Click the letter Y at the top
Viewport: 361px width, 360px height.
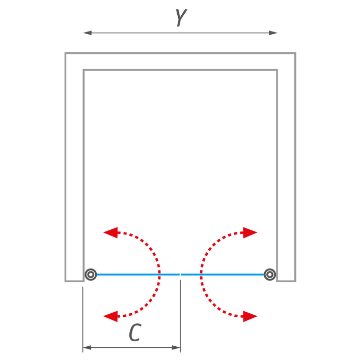click(x=181, y=18)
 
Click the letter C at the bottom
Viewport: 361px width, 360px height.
click(x=135, y=333)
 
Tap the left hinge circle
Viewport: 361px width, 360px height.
click(x=91, y=274)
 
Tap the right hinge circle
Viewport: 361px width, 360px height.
click(x=270, y=274)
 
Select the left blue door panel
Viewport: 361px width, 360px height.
click(x=138, y=275)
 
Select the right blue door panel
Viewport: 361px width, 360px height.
click(x=223, y=275)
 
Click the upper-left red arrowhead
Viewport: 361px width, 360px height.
click(x=110, y=233)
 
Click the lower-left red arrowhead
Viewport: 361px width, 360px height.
click(x=110, y=316)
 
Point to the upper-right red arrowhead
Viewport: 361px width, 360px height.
click(x=250, y=233)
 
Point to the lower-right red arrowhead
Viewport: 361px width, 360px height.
click(x=250, y=316)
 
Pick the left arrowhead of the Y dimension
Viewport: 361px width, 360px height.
click(x=88, y=33)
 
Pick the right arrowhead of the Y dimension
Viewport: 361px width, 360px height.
click(x=273, y=33)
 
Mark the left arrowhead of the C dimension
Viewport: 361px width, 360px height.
click(x=87, y=348)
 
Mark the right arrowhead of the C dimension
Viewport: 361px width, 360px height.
click(x=176, y=348)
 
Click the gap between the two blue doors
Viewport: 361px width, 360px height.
click(x=180, y=275)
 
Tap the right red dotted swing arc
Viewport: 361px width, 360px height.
click(x=202, y=275)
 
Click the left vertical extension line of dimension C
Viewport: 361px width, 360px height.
click(x=83, y=319)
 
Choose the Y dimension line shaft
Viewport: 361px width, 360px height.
click(x=180, y=33)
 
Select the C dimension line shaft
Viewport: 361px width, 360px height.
click(x=131, y=348)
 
